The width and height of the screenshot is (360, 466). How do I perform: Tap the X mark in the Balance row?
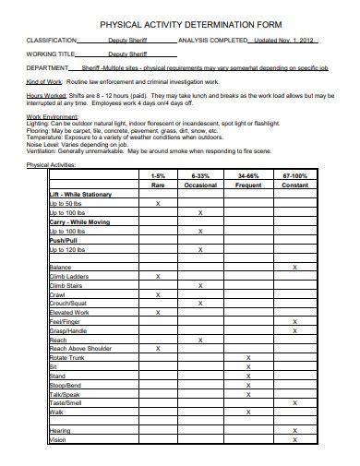click(294, 267)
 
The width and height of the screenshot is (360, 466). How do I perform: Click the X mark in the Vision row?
click(294, 439)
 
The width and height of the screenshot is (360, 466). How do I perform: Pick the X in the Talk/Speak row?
click(248, 393)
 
